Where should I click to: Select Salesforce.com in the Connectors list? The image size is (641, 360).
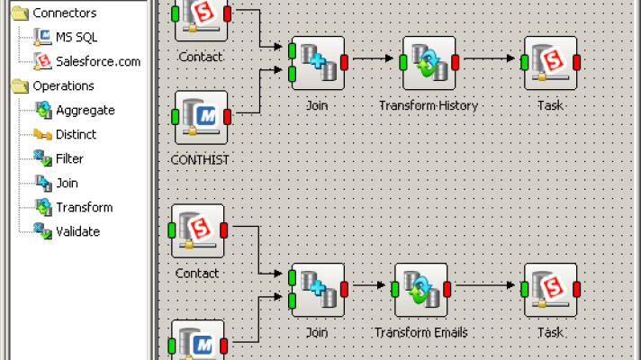coord(97,62)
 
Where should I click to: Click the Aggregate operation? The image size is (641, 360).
coord(85,111)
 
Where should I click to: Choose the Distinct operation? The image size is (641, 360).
coord(76,135)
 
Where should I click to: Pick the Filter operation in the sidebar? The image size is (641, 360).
coord(69,159)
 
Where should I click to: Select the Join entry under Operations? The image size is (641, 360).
coord(68,184)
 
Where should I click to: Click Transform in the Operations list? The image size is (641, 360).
coord(84,208)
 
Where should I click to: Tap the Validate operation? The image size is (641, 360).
coord(77,231)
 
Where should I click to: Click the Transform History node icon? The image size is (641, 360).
coord(429,62)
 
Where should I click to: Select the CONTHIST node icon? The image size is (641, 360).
coord(200,116)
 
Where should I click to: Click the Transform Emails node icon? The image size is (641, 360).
coord(421,289)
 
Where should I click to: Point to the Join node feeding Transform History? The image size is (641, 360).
coord(318,62)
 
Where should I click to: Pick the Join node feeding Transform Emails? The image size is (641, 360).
coord(318,289)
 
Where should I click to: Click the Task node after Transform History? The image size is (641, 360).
coord(550,62)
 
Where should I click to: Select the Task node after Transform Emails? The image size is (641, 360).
coord(550,289)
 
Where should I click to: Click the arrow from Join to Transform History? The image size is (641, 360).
coord(373,60)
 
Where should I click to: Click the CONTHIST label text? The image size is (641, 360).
coord(200,159)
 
